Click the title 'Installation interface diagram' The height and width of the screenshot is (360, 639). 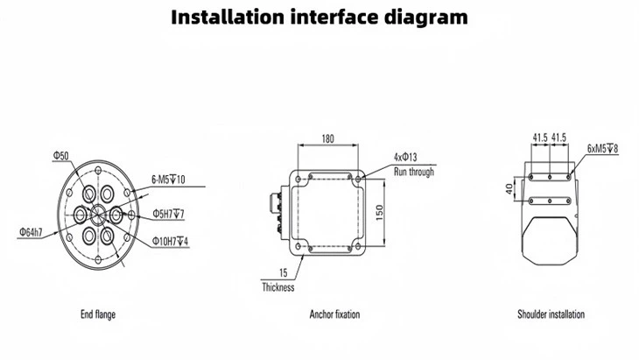tap(319, 18)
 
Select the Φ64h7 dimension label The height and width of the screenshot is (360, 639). tap(32, 231)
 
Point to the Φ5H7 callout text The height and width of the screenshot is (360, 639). tap(168, 213)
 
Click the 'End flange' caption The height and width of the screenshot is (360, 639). tap(97, 314)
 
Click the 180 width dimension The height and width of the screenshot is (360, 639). tap(328, 138)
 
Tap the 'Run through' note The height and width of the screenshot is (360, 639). tap(413, 173)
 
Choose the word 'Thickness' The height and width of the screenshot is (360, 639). tap(278, 287)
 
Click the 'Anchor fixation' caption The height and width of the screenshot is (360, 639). tap(334, 314)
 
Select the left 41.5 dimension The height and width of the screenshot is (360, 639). tap(539, 138)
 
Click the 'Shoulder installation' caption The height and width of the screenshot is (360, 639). tap(551, 314)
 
